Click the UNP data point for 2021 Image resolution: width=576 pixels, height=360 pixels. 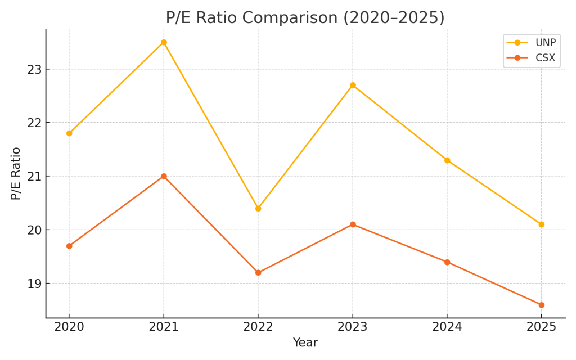[x=164, y=42]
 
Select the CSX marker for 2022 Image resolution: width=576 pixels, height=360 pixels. [x=258, y=273]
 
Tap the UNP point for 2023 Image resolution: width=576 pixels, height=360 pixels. [x=353, y=85]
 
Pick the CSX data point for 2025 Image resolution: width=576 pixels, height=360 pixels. [x=542, y=305]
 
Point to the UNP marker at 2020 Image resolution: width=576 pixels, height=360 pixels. [x=69, y=133]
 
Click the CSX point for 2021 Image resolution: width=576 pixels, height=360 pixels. [x=164, y=176]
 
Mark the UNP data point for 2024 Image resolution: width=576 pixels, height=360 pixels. [x=447, y=160]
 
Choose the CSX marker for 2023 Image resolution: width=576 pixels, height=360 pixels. [x=353, y=224]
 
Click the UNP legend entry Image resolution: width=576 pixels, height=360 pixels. [x=531, y=43]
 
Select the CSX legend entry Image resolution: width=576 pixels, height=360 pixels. [x=531, y=58]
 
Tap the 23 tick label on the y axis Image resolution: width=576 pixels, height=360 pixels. [x=35, y=69]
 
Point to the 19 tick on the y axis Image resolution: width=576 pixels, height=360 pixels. [x=35, y=283]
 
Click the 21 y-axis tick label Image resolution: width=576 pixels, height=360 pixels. [x=35, y=176]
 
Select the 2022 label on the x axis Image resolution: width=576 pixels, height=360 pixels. [x=258, y=327]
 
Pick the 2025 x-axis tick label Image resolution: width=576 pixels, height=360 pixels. [x=542, y=327]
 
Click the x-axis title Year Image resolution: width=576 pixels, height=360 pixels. [x=305, y=343]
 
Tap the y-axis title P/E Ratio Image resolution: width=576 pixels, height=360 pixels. [x=16, y=173]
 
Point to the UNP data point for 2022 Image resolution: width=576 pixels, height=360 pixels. [x=258, y=208]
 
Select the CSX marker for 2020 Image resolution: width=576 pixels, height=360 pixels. [x=69, y=246]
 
